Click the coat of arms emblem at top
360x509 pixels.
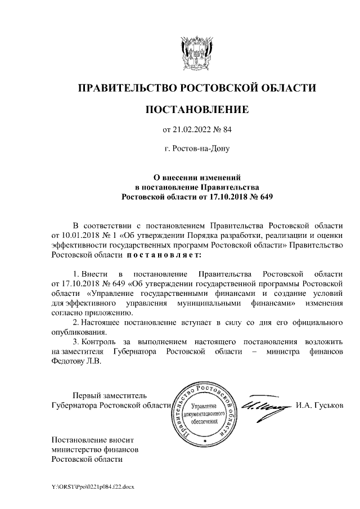[196, 53]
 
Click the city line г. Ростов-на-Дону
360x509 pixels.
[197, 150]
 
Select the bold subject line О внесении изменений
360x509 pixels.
[197, 177]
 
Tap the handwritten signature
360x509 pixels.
[264, 407]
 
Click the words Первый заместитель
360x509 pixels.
[109, 395]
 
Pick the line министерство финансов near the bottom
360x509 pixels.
[94, 449]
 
